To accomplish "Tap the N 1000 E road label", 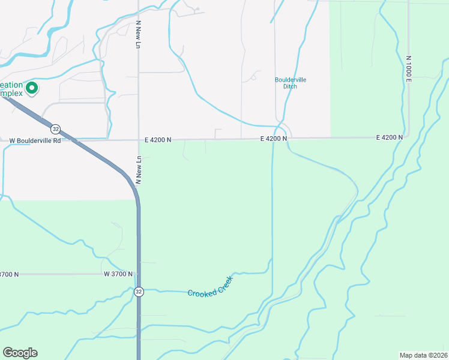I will [408, 68].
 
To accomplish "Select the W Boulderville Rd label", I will [35, 141].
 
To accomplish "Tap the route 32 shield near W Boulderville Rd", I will [55, 128].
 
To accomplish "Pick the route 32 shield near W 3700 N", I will [139, 292].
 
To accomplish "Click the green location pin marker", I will [31, 89].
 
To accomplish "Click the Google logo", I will [20, 353].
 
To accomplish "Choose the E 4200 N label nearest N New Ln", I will [158, 140].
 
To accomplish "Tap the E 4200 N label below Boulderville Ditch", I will [273, 139].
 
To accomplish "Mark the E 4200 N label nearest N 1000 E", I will [389, 137].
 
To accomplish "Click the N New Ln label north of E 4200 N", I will [138, 35].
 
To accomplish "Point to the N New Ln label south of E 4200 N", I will [138, 170].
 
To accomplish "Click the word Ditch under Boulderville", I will [291, 86].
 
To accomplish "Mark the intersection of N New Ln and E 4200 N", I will [139, 140].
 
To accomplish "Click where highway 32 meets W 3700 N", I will [139, 274].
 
